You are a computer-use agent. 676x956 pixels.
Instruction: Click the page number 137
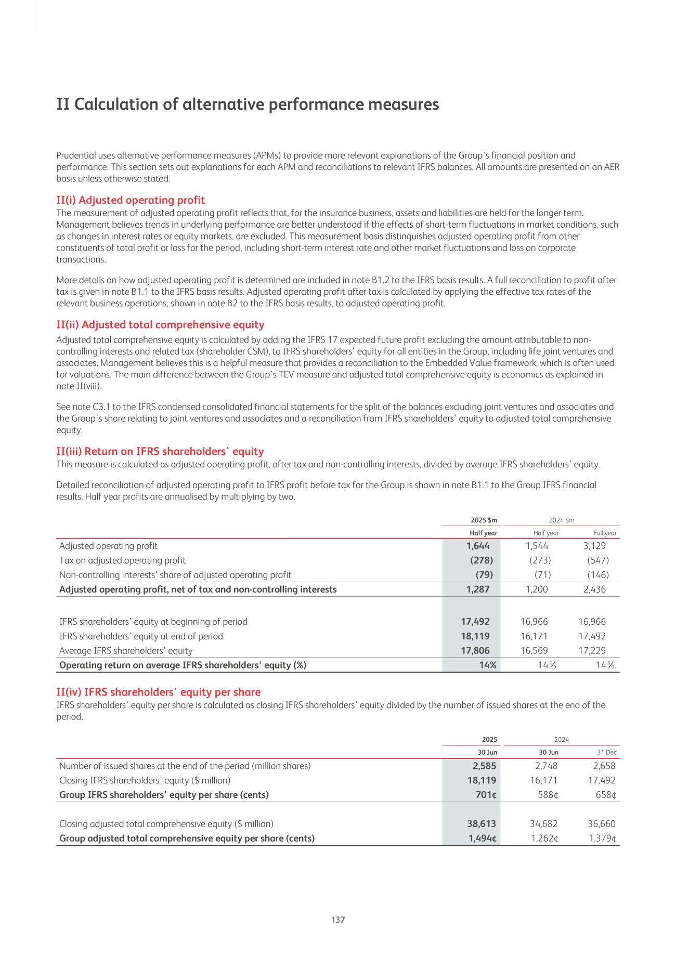338,920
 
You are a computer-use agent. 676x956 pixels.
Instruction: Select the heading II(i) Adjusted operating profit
131,200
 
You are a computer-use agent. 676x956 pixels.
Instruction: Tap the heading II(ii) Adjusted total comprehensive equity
160,325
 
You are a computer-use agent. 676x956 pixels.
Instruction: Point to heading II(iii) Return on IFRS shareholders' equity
160,451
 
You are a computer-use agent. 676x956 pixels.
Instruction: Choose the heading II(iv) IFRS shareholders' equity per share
159,692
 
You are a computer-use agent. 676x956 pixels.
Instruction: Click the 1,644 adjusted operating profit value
478,546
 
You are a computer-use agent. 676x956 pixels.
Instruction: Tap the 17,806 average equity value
475,651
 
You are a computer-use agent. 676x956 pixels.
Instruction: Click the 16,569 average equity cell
534,651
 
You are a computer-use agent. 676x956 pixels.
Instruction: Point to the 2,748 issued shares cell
546,766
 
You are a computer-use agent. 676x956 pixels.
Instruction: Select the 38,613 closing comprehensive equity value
478,824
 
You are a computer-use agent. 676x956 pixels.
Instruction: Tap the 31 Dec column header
606,752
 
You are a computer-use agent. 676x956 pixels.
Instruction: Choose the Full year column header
605,533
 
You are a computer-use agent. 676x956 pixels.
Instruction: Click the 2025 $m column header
484,520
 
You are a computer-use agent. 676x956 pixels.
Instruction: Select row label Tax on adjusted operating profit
122,560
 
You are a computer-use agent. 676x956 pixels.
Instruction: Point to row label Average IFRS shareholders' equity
126,651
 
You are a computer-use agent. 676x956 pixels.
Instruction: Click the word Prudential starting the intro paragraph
76,155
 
